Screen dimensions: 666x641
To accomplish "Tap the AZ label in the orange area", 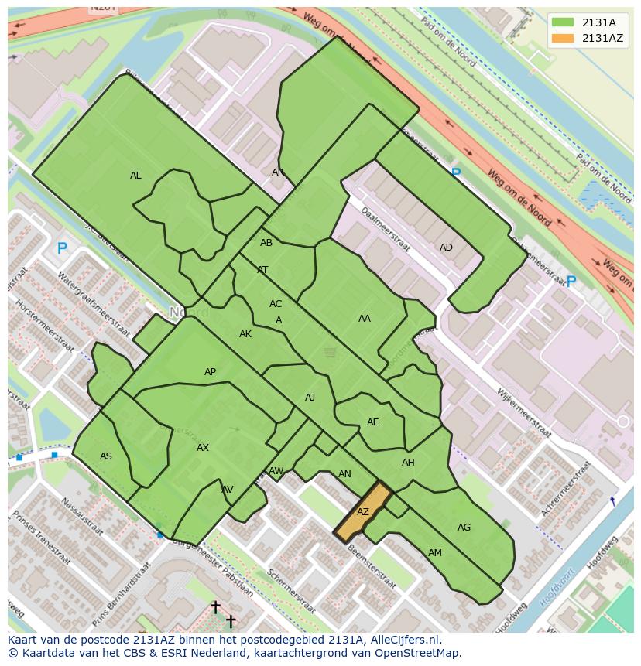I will click(363, 512).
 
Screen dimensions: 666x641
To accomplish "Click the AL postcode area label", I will click(135, 176).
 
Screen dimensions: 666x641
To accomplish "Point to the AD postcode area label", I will click(446, 248).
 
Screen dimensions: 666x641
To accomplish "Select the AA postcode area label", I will click(364, 318).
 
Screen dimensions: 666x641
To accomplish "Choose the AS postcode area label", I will click(106, 456).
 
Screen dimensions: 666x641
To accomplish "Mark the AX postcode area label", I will click(203, 448).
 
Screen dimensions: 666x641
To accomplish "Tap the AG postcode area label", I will click(464, 528).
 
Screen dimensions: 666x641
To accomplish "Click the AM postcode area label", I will click(435, 553).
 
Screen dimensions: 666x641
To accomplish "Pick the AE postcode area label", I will click(373, 422).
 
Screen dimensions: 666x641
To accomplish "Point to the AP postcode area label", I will click(210, 372).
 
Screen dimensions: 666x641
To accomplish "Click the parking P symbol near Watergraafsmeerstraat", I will click(62, 249).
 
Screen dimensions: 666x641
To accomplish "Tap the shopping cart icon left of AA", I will click(331, 353).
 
